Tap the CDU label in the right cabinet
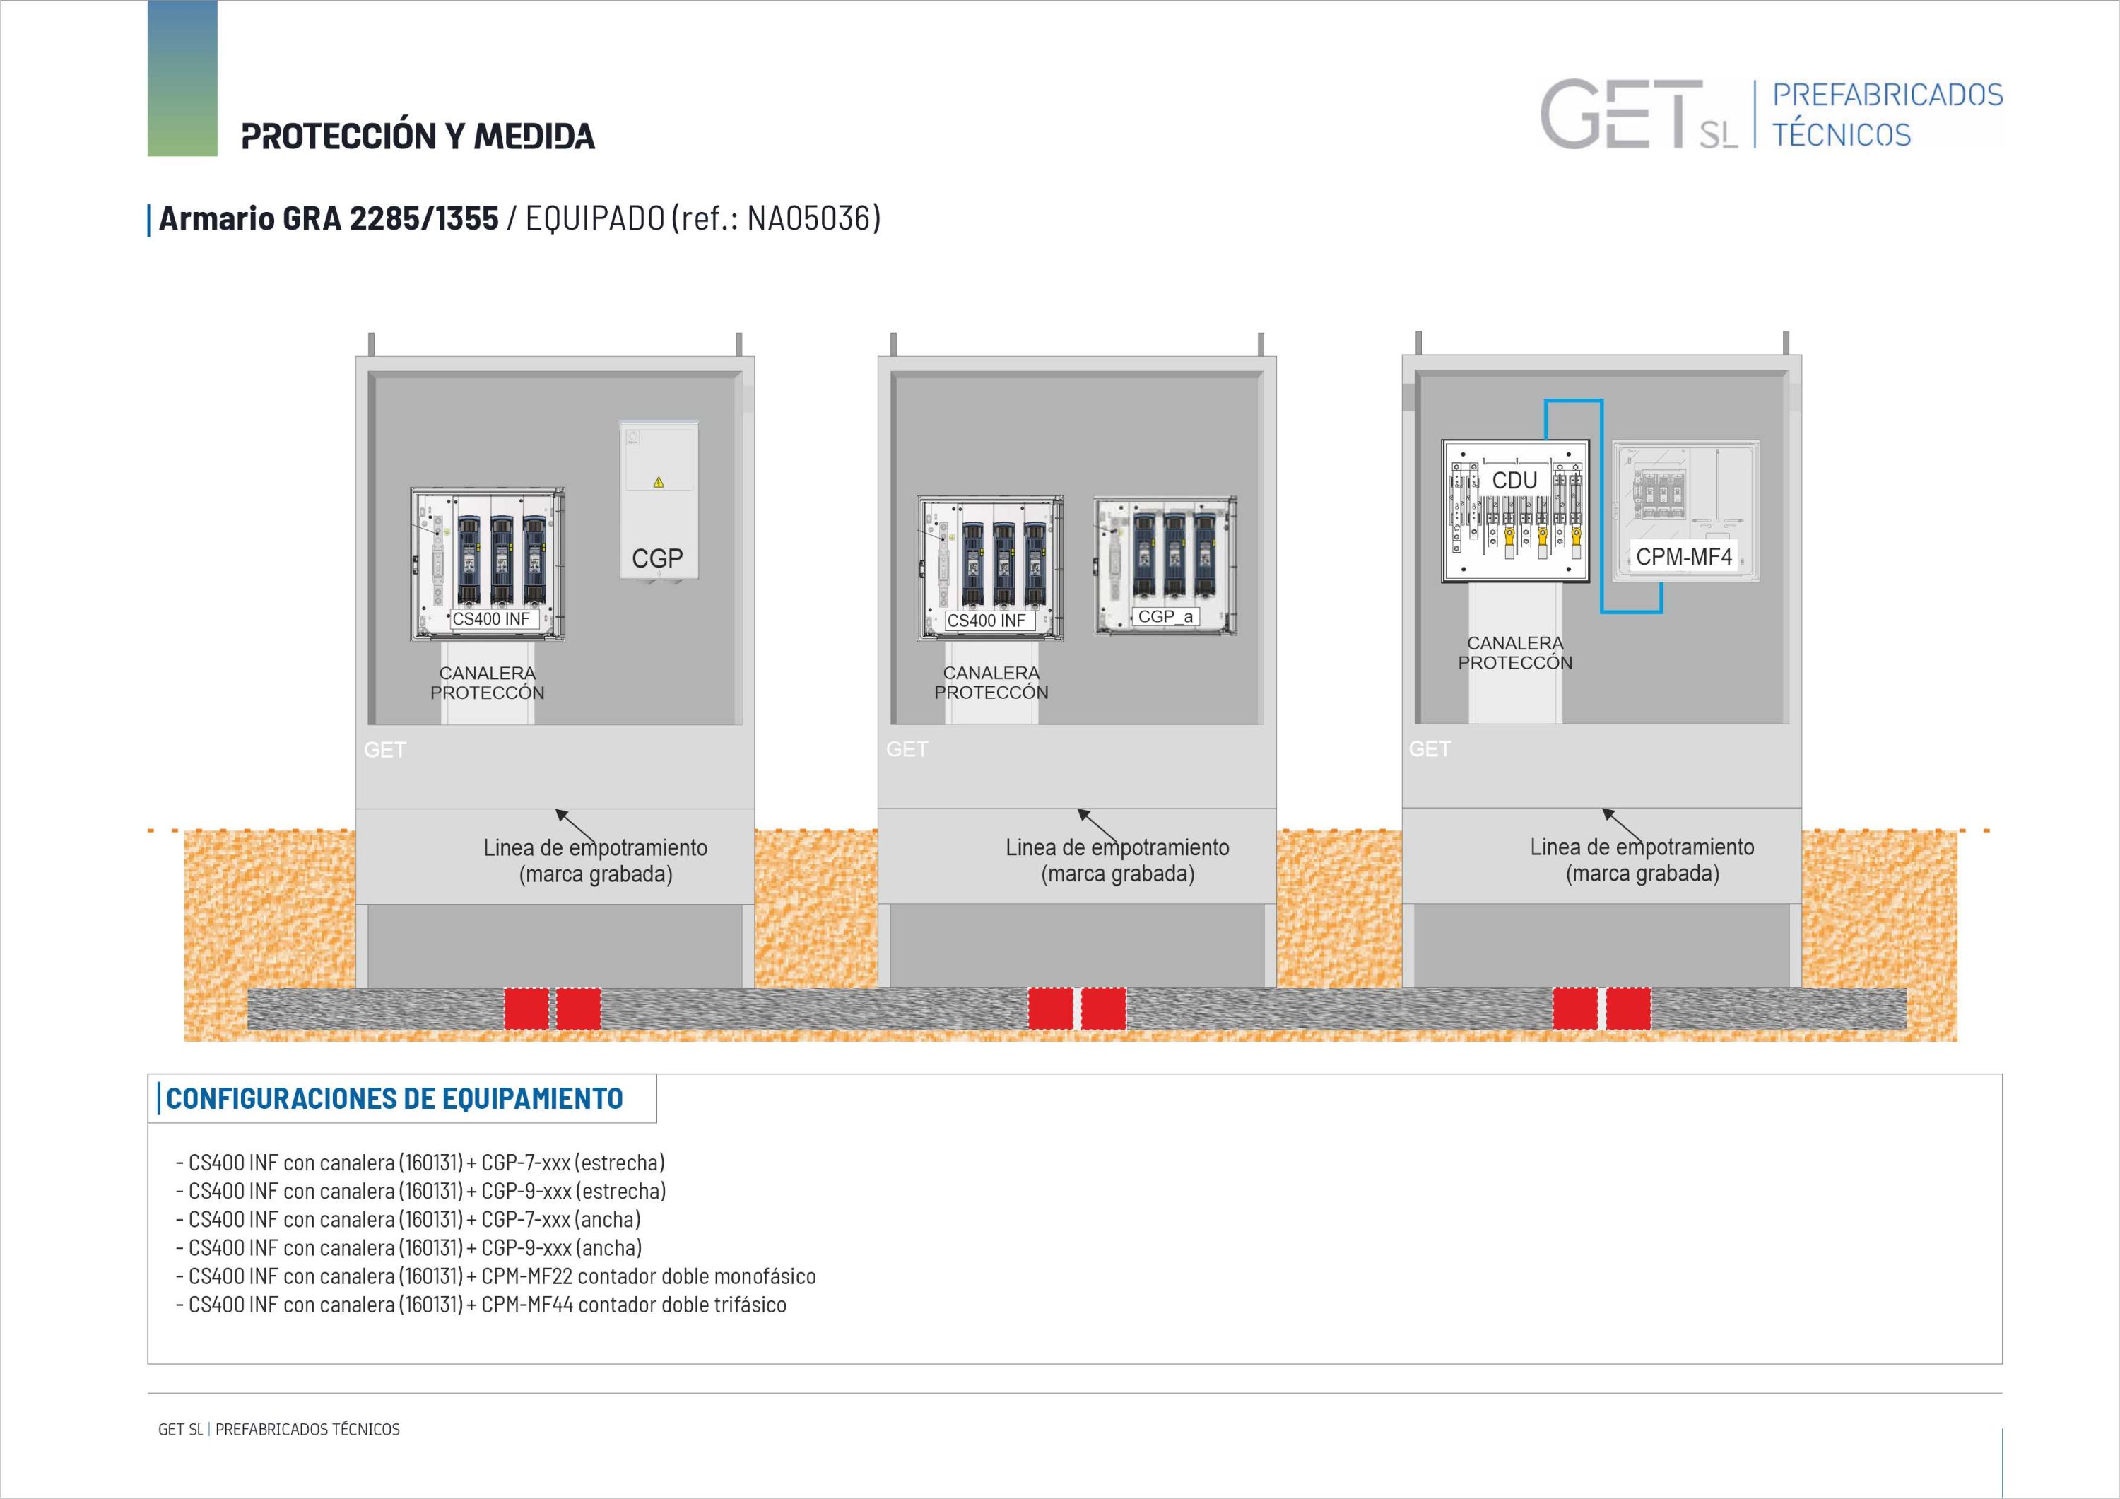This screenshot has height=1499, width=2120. click(1514, 481)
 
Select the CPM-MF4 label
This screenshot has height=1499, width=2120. click(1683, 556)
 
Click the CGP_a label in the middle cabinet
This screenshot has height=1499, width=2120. click(1165, 616)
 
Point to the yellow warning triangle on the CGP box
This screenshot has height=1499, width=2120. click(659, 482)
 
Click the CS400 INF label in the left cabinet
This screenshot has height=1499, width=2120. click(491, 619)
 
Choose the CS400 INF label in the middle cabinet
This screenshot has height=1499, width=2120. click(986, 621)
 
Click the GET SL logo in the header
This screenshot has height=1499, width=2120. click(1639, 114)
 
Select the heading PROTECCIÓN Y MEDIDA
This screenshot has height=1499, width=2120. click(418, 136)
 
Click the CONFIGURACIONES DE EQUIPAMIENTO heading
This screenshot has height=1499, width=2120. click(394, 1098)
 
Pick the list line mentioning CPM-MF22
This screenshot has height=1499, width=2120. click(496, 1276)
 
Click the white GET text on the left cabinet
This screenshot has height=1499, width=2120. click(385, 750)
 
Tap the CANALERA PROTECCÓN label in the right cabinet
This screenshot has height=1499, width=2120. click(1515, 652)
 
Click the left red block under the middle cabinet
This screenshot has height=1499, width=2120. click(1051, 1009)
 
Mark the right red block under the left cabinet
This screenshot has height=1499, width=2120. click(579, 1009)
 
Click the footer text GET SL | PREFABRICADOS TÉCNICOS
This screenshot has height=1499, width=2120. click(279, 1429)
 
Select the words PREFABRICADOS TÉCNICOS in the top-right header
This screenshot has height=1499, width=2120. click(1888, 114)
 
